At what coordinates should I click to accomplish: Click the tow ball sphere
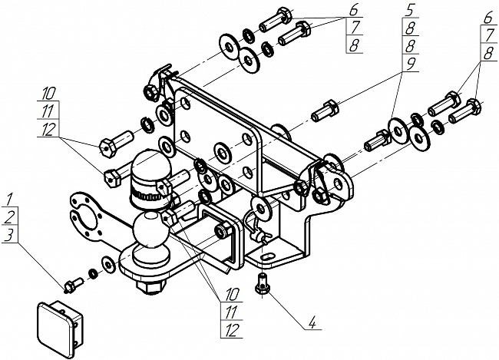point(150,230)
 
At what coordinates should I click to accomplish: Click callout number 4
point(312,323)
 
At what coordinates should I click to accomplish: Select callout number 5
point(409,10)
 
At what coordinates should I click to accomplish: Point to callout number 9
point(410,64)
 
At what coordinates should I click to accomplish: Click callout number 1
point(9,200)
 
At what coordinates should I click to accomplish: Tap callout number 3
point(10,236)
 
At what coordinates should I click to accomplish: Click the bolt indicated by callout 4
point(263,283)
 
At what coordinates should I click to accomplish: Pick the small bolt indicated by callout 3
point(74,285)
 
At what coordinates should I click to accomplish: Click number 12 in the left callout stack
point(48,129)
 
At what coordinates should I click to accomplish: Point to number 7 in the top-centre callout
point(355,28)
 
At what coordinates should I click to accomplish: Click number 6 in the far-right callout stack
point(488,18)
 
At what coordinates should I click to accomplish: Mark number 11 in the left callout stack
point(48,111)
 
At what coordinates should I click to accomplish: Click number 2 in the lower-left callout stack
point(9,217)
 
